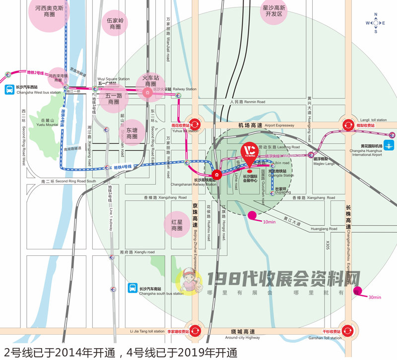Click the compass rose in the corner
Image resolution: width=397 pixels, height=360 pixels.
tap(376, 23)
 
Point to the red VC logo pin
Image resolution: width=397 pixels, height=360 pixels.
tap(249, 151)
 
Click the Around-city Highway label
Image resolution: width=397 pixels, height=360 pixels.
tap(242, 337)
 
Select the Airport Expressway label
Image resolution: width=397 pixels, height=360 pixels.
tap(279, 125)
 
